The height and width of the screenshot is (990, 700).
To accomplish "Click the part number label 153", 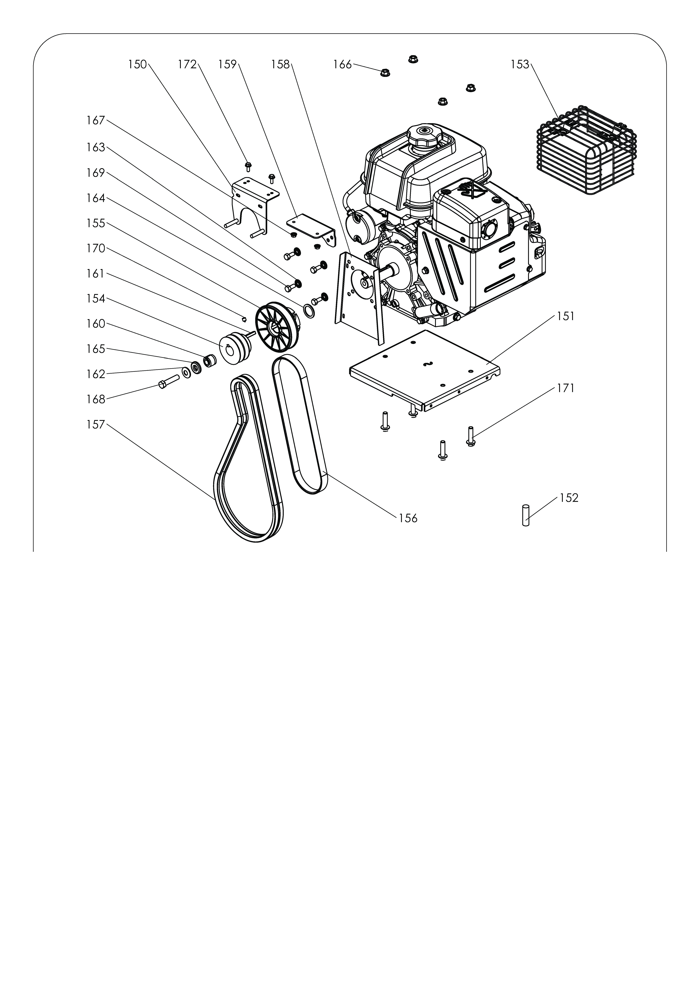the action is pos(520,65).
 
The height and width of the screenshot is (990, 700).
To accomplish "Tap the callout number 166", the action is pos(342,65).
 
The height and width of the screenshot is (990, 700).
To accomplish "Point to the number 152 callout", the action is pos(569,498).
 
